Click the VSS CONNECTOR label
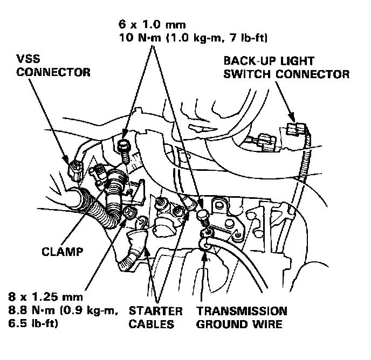(53, 65)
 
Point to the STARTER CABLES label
(155, 318)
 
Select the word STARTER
(155, 311)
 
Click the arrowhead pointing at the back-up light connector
(293, 119)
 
